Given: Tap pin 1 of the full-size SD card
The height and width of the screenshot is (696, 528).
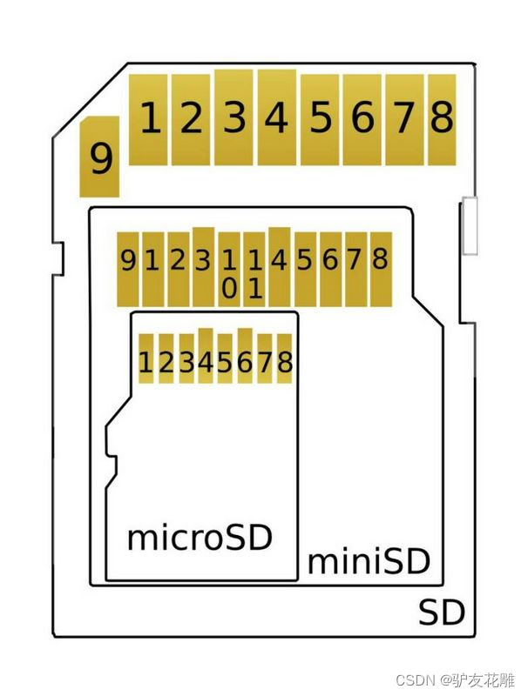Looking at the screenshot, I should pos(149,118).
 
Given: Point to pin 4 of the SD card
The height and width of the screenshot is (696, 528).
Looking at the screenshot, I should pos(276,117).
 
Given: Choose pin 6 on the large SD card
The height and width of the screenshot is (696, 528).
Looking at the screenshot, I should pos(362,118).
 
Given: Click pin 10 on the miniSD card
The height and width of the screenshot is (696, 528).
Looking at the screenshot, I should pos(229,271).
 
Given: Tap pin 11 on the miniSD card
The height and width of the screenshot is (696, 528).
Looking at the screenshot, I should pos(254,271).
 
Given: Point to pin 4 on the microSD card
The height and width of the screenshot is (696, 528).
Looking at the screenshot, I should pos(206,358).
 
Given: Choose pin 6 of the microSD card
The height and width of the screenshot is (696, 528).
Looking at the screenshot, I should pos(245,358).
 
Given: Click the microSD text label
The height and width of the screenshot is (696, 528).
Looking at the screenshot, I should pos(200,537).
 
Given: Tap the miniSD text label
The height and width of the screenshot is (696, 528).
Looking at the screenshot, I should pos(369,561).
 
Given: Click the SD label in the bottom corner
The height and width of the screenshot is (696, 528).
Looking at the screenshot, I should pos(441,612).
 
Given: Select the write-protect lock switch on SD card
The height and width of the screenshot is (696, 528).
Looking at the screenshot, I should pos(470,226).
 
